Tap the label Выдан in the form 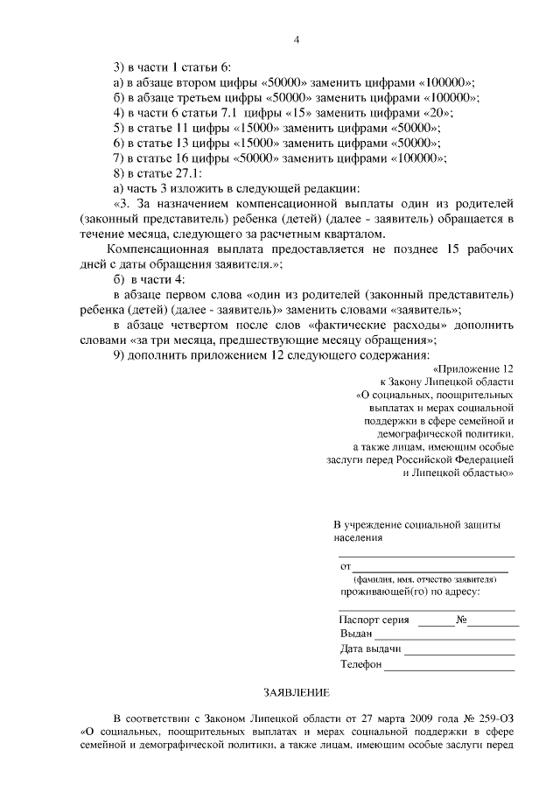356,633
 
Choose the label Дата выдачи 370,648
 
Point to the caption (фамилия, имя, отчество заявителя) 425,579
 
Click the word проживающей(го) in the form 380,592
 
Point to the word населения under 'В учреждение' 358,538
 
